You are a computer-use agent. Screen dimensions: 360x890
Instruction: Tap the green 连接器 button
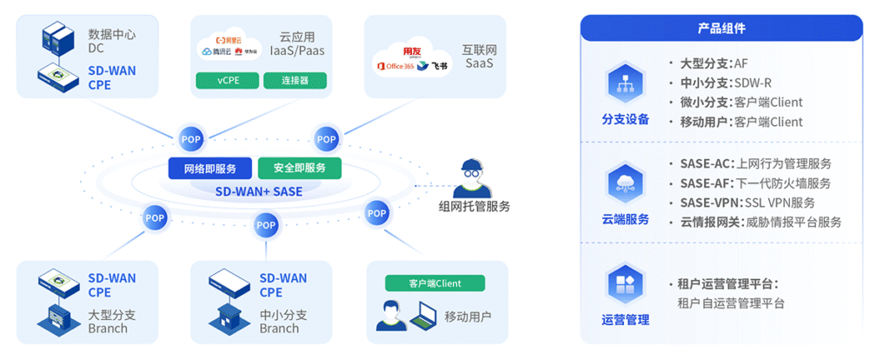tap(294, 81)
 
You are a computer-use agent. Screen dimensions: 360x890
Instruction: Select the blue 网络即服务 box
tap(209, 168)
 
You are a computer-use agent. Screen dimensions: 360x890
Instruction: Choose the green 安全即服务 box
tap(299, 168)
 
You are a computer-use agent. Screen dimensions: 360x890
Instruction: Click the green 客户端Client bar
tap(435, 283)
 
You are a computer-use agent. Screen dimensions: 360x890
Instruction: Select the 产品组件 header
tap(721, 28)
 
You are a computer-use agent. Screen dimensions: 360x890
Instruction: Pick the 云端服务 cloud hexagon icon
tap(625, 184)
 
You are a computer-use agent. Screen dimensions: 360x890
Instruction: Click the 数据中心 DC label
tap(111, 42)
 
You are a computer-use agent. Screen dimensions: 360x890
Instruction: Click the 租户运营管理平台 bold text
tap(727, 284)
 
